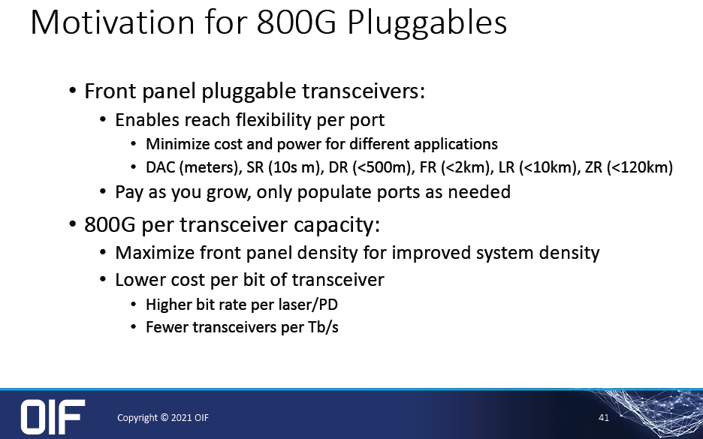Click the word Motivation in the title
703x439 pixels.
[113, 22]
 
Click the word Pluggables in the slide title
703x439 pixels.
[427, 24]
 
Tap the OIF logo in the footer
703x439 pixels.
[53, 416]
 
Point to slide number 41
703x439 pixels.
[604, 417]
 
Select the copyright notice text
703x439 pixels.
[163, 417]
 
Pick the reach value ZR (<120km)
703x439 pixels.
[629, 167]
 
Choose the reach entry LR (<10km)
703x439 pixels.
[539, 167]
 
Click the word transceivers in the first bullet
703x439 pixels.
[364, 91]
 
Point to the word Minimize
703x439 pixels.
[178, 144]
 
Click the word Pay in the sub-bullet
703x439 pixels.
[129, 193]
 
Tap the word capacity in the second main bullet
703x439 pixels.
[336, 225]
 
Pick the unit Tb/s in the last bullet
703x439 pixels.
[323, 327]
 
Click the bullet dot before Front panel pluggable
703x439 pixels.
[73, 92]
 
